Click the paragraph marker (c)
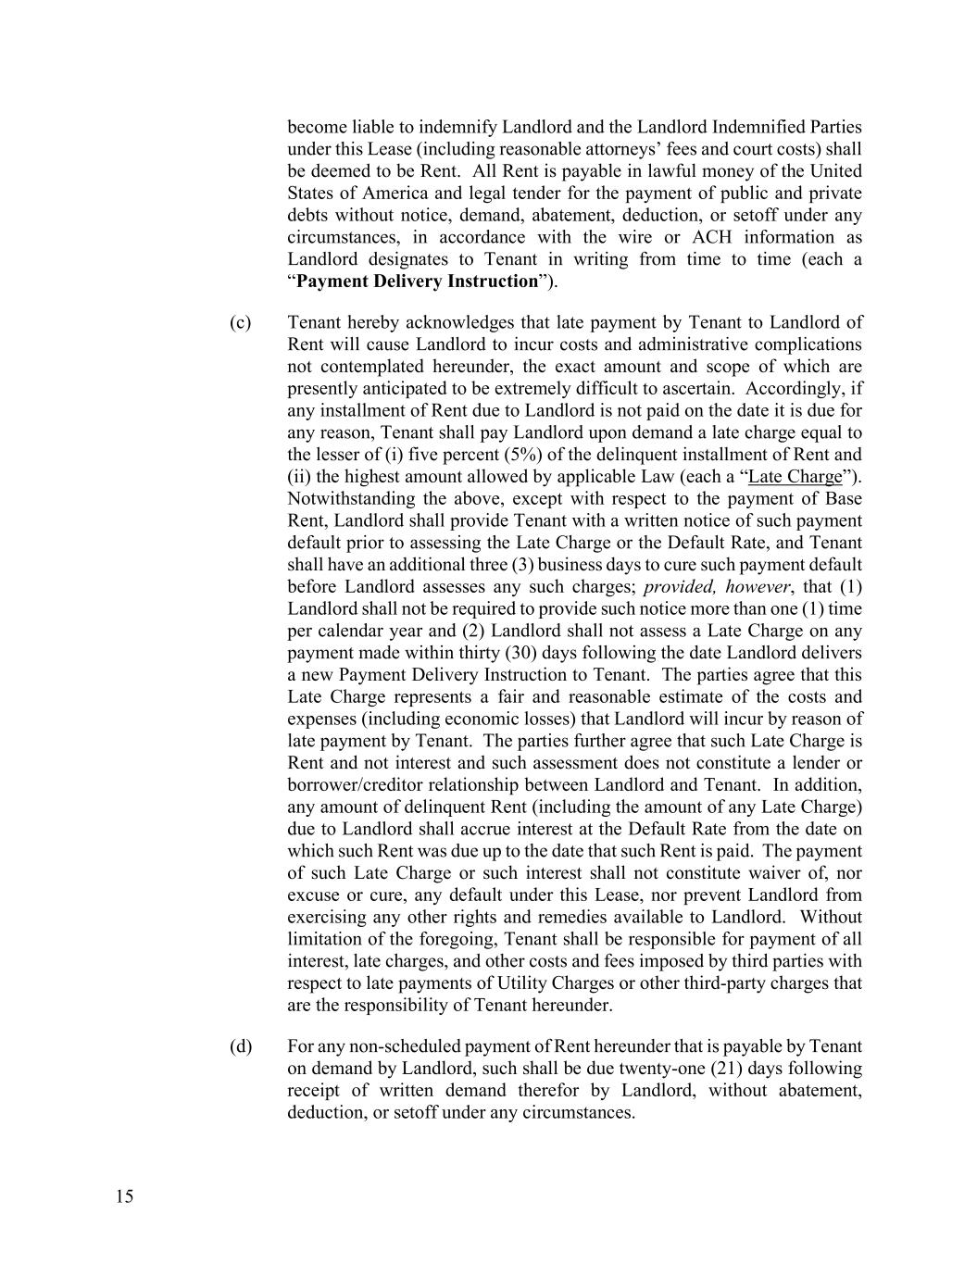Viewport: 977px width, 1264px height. (x=240, y=322)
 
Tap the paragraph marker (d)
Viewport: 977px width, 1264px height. (x=240, y=1046)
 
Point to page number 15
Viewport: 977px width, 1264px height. (x=125, y=1196)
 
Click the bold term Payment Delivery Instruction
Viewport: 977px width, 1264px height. (x=417, y=282)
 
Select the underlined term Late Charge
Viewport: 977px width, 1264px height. (x=795, y=477)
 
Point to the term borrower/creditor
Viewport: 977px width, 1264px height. (x=355, y=785)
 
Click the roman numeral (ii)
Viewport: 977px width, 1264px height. (x=299, y=477)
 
